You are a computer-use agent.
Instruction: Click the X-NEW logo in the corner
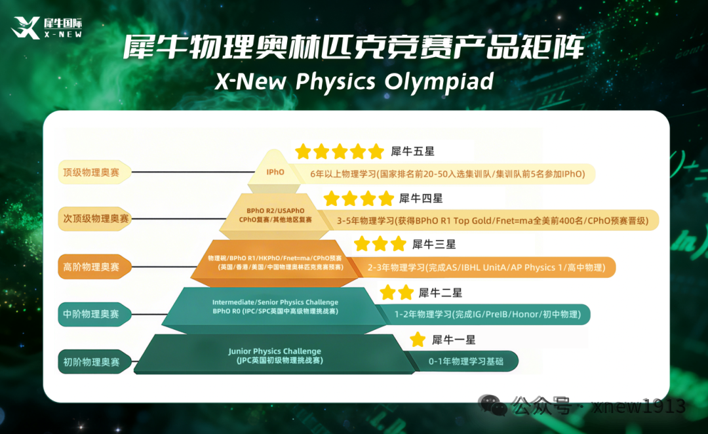coord(47,28)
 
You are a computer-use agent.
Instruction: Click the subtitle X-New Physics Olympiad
coord(354,82)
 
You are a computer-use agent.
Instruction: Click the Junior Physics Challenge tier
coord(275,355)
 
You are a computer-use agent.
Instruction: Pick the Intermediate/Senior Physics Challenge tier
coord(275,307)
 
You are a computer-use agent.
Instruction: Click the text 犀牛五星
coord(413,151)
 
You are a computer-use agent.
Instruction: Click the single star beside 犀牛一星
coord(418,340)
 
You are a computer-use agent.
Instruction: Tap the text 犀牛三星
coord(434,245)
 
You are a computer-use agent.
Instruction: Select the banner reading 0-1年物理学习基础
coord(466,361)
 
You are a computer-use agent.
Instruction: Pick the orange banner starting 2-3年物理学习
coord(485,267)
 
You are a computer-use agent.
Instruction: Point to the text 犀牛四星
coord(421,198)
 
